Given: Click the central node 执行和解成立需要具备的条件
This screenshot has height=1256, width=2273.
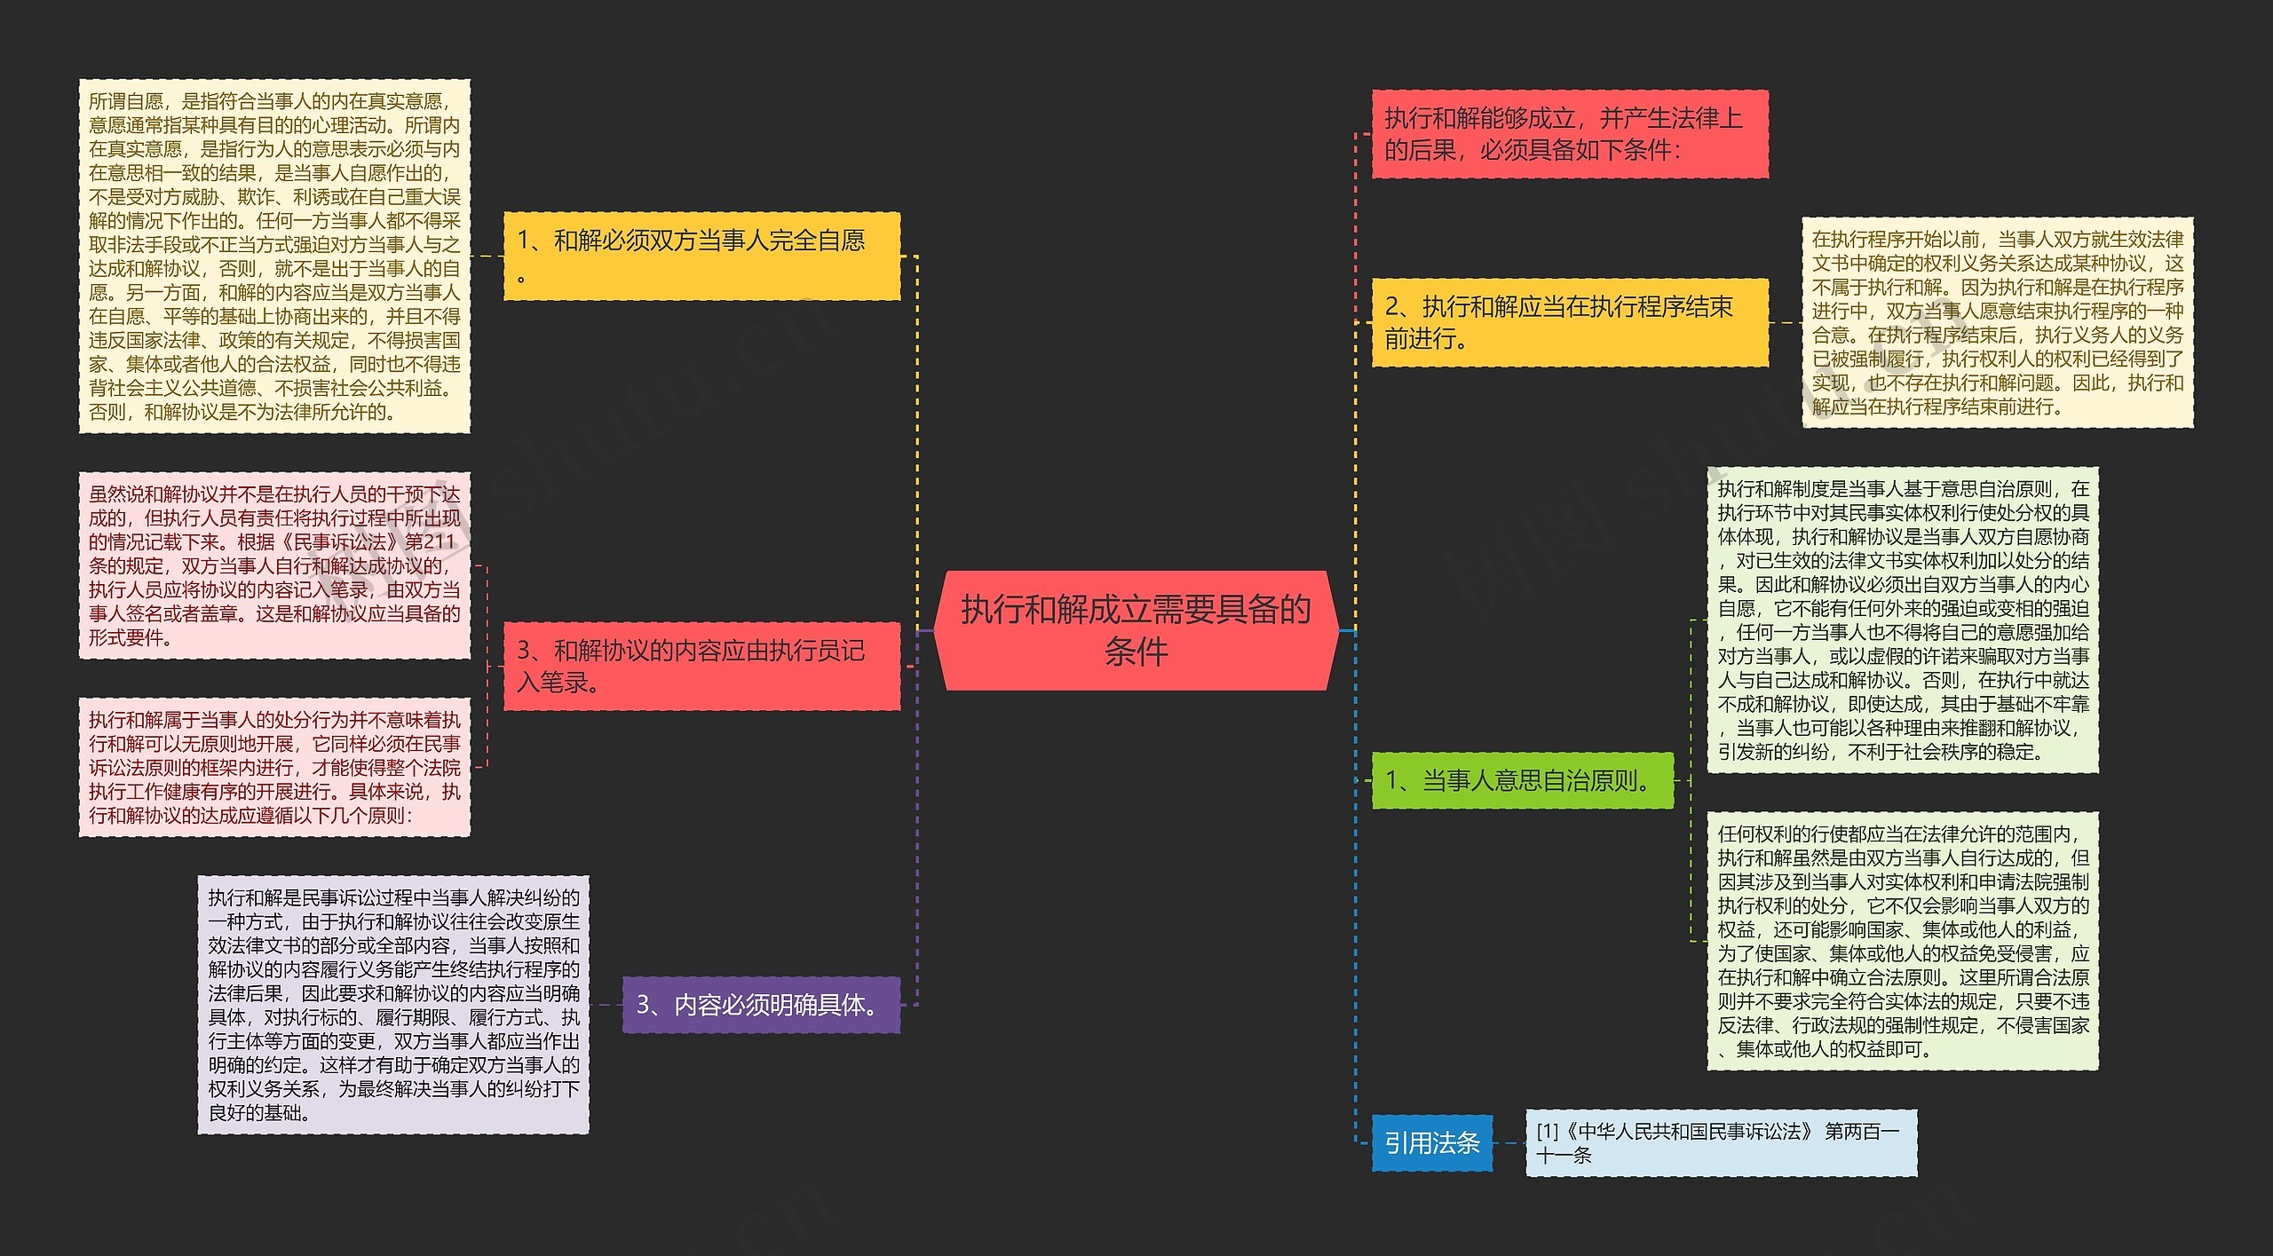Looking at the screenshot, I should [x=1136, y=630].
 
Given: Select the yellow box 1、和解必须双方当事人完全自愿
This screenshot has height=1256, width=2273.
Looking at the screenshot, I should [x=701, y=256].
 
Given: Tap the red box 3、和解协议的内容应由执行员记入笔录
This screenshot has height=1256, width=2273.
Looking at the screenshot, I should [x=701, y=666].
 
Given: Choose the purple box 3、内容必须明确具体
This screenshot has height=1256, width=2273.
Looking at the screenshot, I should [x=761, y=1005].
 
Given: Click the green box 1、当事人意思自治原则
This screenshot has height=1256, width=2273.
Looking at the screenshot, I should [x=1522, y=780].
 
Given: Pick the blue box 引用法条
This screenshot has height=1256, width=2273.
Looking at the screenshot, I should [x=1431, y=1142].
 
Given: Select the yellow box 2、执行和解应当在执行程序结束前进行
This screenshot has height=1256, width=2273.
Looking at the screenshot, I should [x=1569, y=322].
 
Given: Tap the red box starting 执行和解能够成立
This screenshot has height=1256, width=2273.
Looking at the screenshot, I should [x=1569, y=134].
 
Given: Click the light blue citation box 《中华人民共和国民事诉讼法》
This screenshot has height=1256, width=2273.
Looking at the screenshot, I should [x=1720, y=1142].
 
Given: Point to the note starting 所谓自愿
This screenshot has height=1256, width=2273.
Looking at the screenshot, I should [x=274, y=256].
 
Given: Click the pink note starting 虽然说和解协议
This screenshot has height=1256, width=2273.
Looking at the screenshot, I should [x=274, y=565].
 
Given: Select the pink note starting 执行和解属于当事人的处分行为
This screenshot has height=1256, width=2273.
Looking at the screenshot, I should [x=274, y=767].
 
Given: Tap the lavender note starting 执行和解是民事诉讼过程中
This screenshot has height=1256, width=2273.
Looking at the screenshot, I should [x=393, y=1005].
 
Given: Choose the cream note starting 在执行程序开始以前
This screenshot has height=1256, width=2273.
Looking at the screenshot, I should [x=1997, y=322].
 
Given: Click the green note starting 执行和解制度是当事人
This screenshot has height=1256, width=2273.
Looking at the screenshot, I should [x=1902, y=620].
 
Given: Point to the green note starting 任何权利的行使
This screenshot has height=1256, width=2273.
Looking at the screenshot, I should [x=1902, y=941].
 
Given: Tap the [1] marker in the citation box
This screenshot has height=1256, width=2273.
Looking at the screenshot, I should [x=1548, y=1131].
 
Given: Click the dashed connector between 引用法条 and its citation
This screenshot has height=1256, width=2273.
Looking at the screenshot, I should [x=1509, y=1143].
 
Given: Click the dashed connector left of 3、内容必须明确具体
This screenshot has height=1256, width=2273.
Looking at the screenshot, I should [x=606, y=1005].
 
